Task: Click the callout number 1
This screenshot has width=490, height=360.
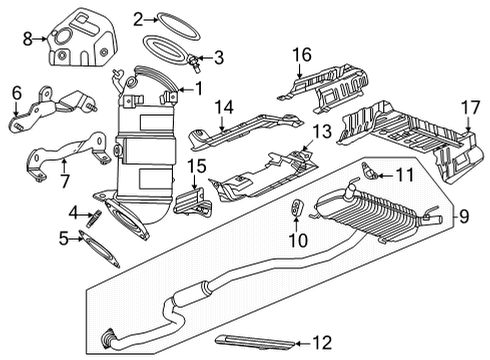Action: tap(198, 88)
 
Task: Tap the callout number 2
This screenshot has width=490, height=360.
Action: tap(137, 17)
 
